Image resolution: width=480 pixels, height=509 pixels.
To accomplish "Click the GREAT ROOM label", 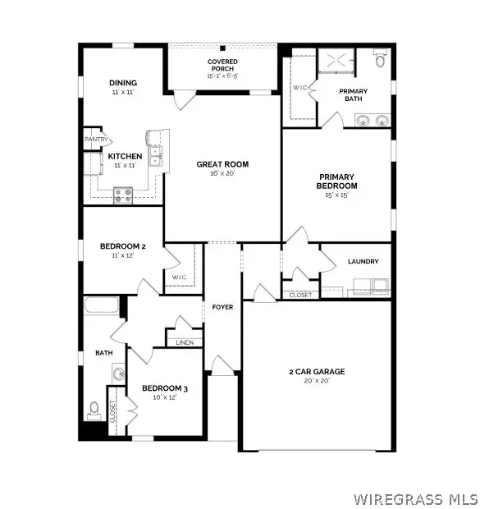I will [x=222, y=164].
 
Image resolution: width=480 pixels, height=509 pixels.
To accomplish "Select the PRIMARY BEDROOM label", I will [x=337, y=181].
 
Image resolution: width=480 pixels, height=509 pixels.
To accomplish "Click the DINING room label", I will [x=123, y=83].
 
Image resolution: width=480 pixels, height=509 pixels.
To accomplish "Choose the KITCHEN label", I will [x=126, y=156].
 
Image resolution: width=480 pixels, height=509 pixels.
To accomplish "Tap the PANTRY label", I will [x=96, y=140].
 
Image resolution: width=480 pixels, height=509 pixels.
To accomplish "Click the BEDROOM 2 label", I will [x=122, y=246].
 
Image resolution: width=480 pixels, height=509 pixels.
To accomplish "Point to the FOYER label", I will [x=222, y=307].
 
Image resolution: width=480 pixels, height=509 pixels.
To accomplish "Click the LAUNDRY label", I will [x=363, y=261].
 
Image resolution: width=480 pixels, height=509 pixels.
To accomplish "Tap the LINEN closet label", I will [x=184, y=342].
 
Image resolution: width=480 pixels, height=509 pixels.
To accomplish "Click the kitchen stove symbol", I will [x=123, y=195].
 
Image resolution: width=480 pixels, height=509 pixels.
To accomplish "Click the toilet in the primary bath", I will [x=379, y=59].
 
